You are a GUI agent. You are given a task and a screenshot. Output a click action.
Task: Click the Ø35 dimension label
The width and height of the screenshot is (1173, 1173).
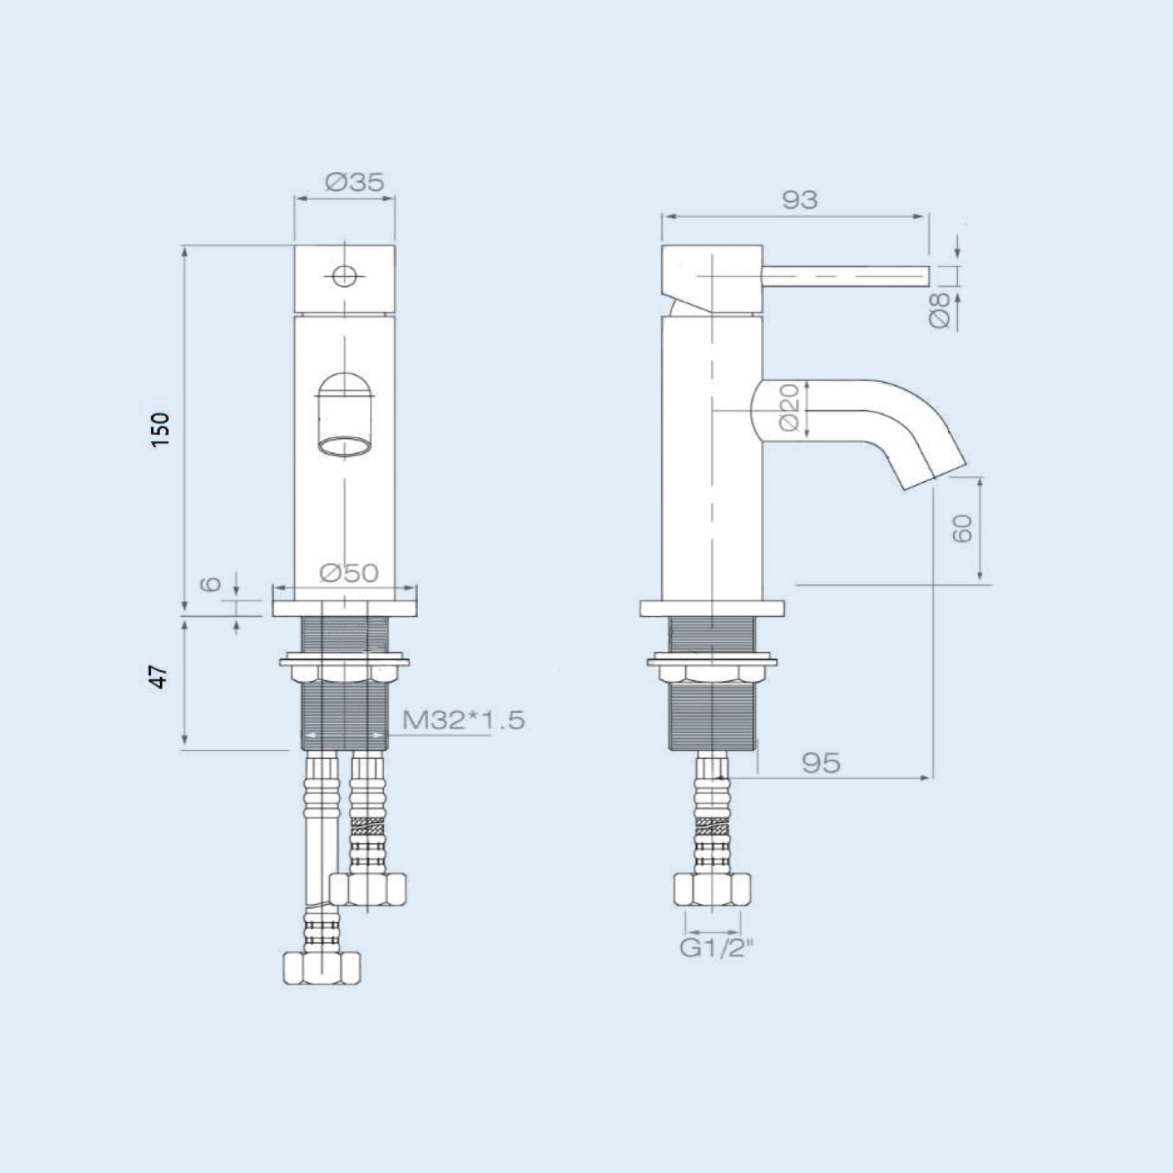pyautogui.click(x=356, y=182)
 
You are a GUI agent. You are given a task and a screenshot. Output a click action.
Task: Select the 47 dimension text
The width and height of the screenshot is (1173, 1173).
pyautogui.click(x=159, y=677)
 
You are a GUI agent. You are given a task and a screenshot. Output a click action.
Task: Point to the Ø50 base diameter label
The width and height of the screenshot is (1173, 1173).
pyautogui.click(x=349, y=573)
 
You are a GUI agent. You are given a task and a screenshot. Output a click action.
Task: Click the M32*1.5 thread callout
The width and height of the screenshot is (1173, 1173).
pyautogui.click(x=463, y=720)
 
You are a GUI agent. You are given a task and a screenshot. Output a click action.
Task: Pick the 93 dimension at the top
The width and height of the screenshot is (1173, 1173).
pyautogui.click(x=799, y=199)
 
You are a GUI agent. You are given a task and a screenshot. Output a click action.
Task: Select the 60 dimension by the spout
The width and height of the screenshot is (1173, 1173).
pyautogui.click(x=962, y=528)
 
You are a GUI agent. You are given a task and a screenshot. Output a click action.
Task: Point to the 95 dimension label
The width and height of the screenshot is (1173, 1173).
pyautogui.click(x=821, y=763)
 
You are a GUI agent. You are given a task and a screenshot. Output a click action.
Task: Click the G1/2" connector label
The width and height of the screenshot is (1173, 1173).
pyautogui.click(x=717, y=948)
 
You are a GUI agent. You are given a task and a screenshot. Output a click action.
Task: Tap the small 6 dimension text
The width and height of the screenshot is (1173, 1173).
pyautogui.click(x=211, y=584)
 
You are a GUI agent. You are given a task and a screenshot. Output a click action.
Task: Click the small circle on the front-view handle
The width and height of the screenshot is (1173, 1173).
pyautogui.click(x=344, y=276)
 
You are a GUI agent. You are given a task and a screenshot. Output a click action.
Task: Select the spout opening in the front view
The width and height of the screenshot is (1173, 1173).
pyautogui.click(x=344, y=447)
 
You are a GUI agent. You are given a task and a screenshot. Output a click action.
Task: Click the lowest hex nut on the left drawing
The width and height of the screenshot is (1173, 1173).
pyautogui.click(x=322, y=968)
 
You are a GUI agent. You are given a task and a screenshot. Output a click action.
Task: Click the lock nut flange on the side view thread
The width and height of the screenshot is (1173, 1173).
pyautogui.click(x=711, y=663)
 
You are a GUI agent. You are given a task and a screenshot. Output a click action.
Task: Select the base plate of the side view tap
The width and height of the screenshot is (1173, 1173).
pyautogui.click(x=711, y=608)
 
